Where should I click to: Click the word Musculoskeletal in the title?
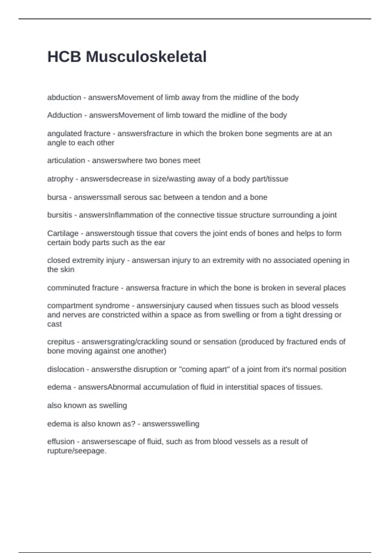tap(146, 57)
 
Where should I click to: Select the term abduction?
tap(64, 97)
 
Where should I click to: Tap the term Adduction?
tap(64, 115)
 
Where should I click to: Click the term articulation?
tap(66, 160)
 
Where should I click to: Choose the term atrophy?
tap(60, 179)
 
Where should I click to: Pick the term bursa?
tap(57, 197)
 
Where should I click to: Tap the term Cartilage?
tap(63, 233)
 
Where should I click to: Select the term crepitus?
tap(61, 342)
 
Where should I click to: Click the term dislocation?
tap(66, 370)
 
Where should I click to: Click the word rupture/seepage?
tap(77, 451)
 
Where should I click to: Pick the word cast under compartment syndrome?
tap(54, 324)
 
